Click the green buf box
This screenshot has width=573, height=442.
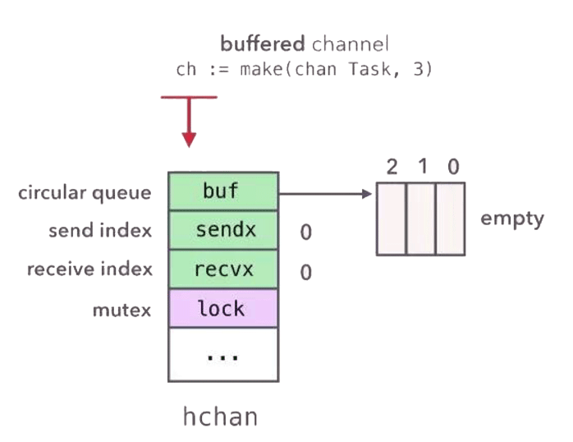point(222,191)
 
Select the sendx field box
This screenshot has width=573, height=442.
point(222,231)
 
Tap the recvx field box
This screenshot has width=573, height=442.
point(222,269)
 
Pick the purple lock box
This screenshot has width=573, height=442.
point(222,308)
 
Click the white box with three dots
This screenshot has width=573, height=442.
point(222,354)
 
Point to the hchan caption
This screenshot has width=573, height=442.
point(220,417)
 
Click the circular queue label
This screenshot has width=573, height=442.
point(86,193)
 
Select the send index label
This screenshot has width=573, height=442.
point(100,231)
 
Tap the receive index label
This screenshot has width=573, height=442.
point(89,269)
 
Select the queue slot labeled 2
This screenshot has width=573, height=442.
point(392,220)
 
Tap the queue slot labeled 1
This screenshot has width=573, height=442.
point(421,220)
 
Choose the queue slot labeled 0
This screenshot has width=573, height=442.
point(451,220)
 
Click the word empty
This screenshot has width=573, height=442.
point(512,219)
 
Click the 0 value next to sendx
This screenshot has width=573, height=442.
point(305,233)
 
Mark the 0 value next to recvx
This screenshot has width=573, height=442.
point(305,272)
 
